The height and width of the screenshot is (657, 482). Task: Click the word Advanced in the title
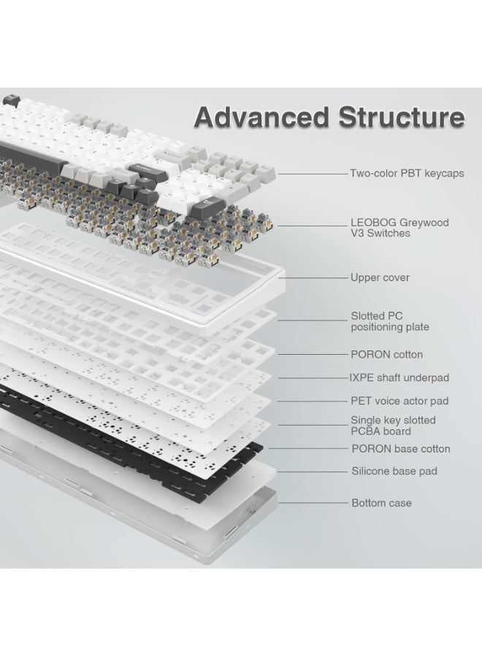tap(261, 117)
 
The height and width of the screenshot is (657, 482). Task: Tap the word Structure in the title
tap(402, 117)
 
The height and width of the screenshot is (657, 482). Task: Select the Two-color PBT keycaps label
tap(407, 173)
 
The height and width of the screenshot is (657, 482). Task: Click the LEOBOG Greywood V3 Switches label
tap(400, 228)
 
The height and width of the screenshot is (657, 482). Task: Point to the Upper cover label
tap(380, 277)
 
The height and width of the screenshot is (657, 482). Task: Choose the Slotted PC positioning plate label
tap(390, 321)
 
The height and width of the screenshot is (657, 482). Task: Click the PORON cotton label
tap(386, 355)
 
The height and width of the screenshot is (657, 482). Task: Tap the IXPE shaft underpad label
tap(399, 377)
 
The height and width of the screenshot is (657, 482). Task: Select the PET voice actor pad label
tap(399, 401)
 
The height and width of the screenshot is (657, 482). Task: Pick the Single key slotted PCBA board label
tap(393, 426)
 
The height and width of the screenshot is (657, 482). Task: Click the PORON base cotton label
tap(401, 449)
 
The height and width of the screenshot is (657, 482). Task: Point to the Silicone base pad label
tap(394, 471)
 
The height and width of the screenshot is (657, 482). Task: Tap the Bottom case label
tap(381, 503)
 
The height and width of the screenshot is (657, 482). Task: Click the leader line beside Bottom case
tap(313, 503)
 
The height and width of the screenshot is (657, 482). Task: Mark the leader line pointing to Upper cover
tap(313, 277)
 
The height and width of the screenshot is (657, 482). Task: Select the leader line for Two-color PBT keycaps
tap(313, 174)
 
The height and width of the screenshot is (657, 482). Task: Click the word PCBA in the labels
tap(365, 431)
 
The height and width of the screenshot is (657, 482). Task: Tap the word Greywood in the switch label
tap(424, 223)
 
